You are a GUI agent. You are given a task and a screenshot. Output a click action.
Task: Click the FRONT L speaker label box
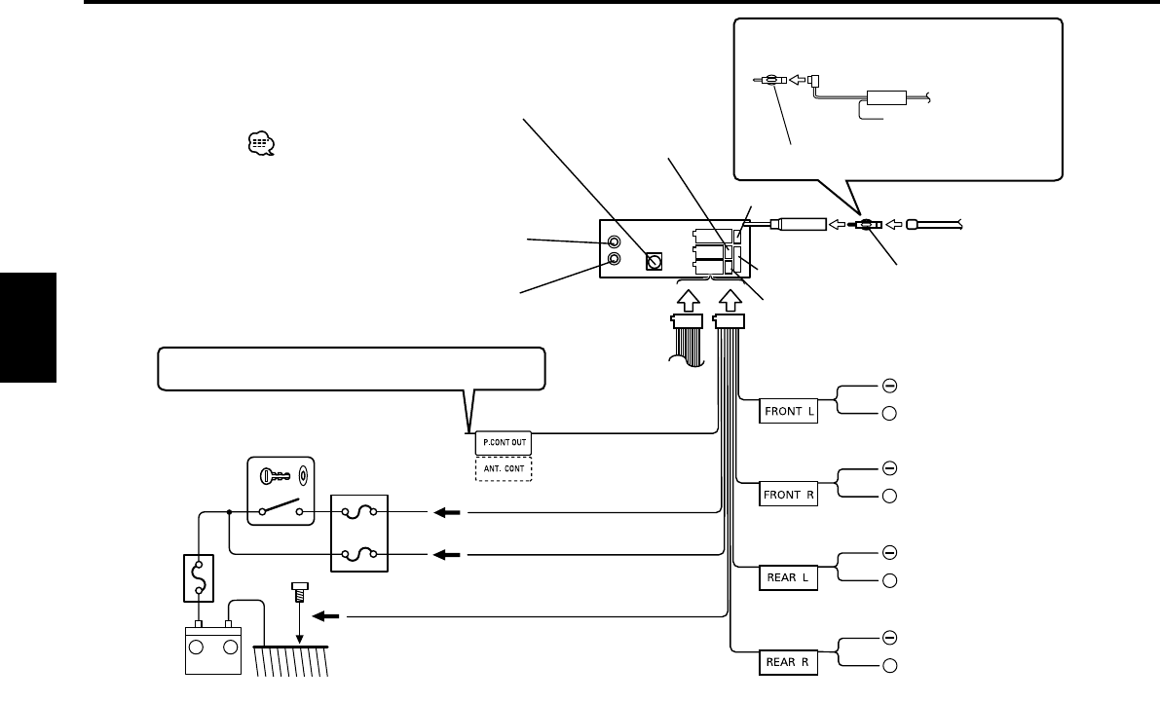(788, 411)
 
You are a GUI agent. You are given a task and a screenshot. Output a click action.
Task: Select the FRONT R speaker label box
(788, 495)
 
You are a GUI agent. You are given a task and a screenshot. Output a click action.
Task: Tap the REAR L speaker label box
(788, 578)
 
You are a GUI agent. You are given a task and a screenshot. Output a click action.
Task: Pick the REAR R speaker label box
(788, 662)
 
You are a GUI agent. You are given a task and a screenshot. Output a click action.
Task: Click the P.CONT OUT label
(504, 443)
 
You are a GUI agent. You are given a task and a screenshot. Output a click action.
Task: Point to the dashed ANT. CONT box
(504, 468)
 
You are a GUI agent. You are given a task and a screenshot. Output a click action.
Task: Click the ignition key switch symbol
(281, 491)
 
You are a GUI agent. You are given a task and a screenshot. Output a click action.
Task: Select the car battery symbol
(213, 647)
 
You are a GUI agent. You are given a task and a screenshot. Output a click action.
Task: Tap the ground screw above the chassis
(300, 592)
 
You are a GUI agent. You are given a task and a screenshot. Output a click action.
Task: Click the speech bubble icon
(261, 144)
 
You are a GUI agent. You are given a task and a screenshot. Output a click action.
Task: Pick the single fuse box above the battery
(199, 578)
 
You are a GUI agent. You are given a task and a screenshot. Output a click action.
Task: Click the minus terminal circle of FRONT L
(889, 386)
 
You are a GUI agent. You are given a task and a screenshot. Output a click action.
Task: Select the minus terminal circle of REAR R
(889, 637)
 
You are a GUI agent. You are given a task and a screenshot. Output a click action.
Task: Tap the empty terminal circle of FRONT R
(889, 496)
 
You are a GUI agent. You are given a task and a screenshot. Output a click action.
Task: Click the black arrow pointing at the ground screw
(326, 615)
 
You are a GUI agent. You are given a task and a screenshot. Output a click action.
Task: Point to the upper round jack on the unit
(614, 241)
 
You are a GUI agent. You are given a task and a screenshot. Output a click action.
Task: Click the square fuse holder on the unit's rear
(654, 261)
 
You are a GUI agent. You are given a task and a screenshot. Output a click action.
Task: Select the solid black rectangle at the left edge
(28, 327)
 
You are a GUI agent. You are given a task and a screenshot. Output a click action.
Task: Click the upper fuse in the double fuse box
(359, 511)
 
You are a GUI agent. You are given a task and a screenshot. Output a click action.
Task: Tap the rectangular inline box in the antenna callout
(886, 97)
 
